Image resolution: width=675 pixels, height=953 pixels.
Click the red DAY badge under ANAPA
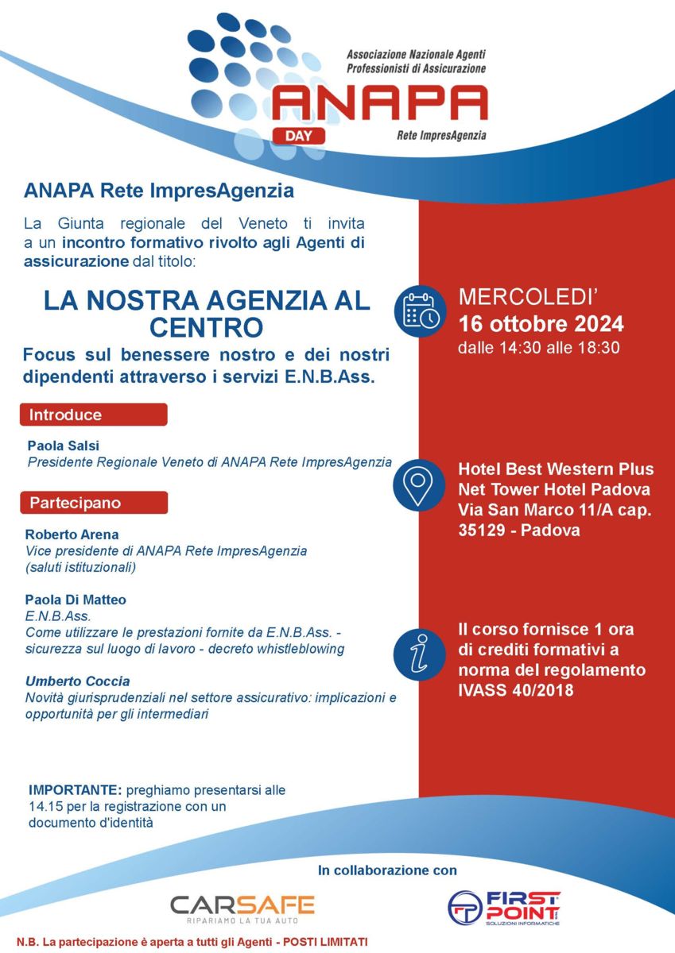(x=298, y=134)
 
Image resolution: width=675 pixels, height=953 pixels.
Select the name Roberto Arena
(x=72, y=534)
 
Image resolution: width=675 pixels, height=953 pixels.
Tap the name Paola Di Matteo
(x=76, y=600)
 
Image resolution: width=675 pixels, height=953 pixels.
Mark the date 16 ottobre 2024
(x=541, y=324)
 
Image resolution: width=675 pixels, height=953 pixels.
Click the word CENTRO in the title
(x=206, y=327)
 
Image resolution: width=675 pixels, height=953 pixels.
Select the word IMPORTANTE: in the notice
(x=74, y=791)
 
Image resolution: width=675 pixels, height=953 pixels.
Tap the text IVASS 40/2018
(x=515, y=692)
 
